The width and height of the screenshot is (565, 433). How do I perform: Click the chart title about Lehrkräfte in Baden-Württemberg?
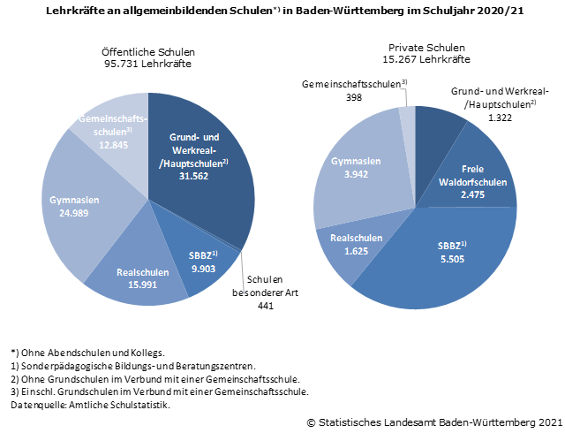click(x=282, y=11)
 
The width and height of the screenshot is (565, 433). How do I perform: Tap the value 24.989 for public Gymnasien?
click(x=73, y=213)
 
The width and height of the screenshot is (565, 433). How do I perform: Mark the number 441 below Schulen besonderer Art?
click(x=265, y=305)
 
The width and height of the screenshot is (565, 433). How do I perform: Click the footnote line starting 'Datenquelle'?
click(x=89, y=405)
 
